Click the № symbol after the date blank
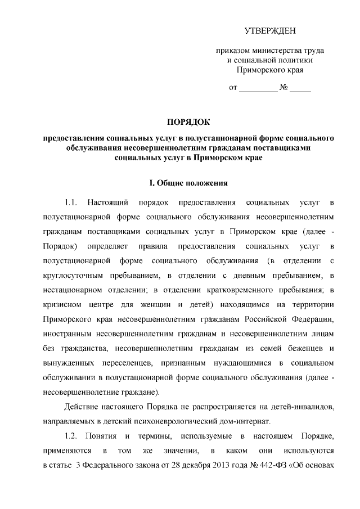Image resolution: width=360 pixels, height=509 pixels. pos(284,88)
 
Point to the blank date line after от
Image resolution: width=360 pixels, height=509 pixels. pos(259,88)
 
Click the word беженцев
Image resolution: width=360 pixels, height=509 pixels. pos(304,349)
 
